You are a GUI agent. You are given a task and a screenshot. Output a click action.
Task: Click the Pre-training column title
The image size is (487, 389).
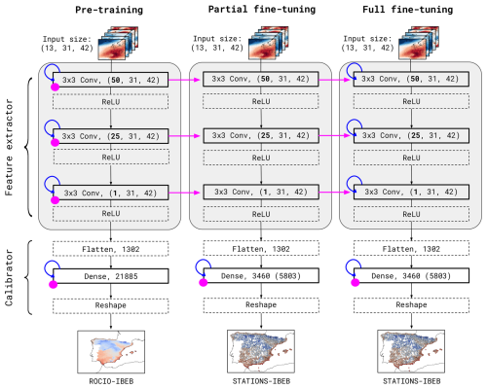pyautogui.click(x=109, y=10)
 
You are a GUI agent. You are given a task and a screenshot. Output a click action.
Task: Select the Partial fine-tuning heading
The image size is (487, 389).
pyautogui.click(x=262, y=10)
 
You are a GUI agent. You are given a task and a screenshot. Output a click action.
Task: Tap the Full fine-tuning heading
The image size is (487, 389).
pyautogui.click(x=408, y=10)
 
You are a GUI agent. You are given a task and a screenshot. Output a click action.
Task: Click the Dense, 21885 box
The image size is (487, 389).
pyautogui.click(x=111, y=276)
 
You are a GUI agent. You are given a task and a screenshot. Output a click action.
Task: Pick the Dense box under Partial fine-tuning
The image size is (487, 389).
pyautogui.click(x=261, y=276)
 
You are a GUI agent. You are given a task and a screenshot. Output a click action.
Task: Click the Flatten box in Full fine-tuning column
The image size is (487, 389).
pyautogui.click(x=411, y=249)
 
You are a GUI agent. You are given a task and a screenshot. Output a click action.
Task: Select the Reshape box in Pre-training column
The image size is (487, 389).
pyautogui.click(x=111, y=305)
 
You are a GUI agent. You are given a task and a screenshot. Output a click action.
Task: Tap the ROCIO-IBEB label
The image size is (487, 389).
pyautogui.click(x=111, y=381)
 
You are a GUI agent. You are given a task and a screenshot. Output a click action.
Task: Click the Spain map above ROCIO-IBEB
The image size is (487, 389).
pyautogui.click(x=111, y=352)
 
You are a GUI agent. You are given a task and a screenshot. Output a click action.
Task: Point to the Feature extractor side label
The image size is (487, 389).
pyautogui.click(x=9, y=147)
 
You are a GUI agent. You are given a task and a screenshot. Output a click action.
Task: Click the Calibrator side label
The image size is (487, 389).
pyautogui.click(x=9, y=277)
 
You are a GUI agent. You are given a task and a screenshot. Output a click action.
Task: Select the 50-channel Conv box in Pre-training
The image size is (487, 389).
pyautogui.click(x=111, y=80)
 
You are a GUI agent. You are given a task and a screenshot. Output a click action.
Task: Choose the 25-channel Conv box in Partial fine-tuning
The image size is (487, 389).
pyautogui.click(x=261, y=135)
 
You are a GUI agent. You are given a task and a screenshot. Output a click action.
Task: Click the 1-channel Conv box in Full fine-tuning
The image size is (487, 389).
pyautogui.click(x=411, y=192)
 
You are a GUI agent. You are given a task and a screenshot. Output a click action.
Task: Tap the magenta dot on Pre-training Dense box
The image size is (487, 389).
pyautogui.click(x=53, y=284)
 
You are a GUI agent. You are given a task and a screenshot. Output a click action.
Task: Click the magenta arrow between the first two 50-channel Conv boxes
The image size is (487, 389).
pyautogui.click(x=184, y=80)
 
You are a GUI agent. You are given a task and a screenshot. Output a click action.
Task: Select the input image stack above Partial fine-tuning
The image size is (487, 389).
pyautogui.click(x=269, y=43)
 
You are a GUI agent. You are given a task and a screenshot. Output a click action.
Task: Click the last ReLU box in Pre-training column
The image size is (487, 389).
pyautogui.click(x=111, y=214)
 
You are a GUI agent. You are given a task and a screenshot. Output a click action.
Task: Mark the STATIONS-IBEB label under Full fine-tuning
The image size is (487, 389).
pyautogui.click(x=412, y=381)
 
